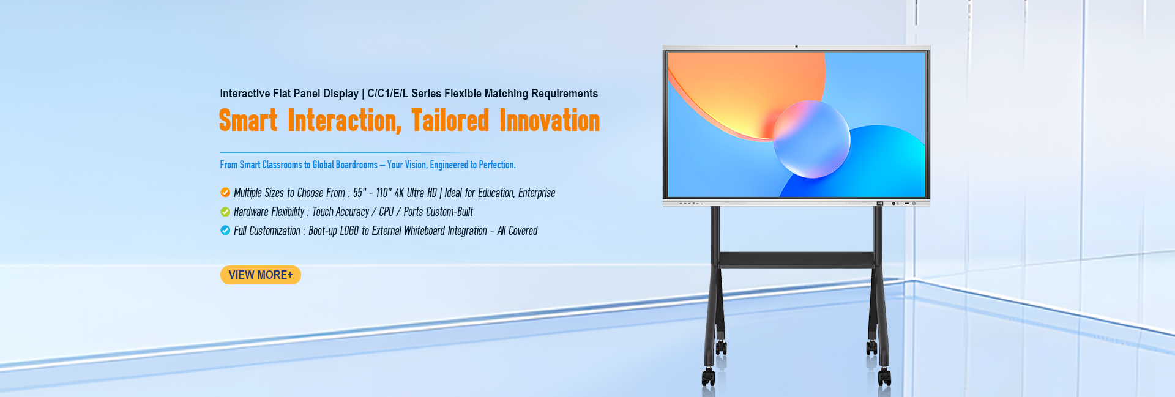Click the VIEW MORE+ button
(261, 275)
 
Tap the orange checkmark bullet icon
(225, 193)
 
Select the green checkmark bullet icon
(225, 212)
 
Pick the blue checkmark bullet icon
(225, 231)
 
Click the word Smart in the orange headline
(248, 121)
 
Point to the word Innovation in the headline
(550, 121)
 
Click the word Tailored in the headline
(450, 121)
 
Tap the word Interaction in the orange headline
(345, 121)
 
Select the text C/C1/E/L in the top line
(387, 94)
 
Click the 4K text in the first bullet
(399, 193)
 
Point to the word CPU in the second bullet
(386, 212)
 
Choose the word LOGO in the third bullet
(349, 231)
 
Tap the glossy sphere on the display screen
(811, 139)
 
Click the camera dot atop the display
(796, 46)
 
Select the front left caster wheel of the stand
(708, 377)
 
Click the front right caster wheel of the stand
(884, 377)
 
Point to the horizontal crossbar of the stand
(796, 259)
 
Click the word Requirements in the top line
(564, 94)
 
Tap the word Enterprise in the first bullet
(537, 193)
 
